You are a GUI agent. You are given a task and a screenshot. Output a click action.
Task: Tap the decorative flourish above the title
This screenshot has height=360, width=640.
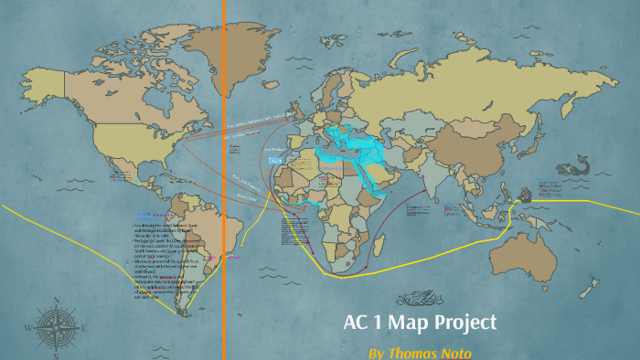(x=421, y=297)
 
